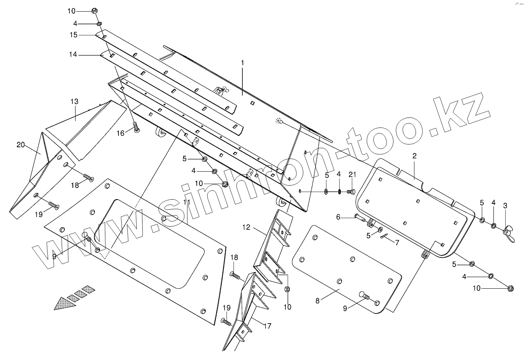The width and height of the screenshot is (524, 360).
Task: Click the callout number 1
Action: (242, 62)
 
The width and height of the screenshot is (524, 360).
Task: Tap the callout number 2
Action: (414, 156)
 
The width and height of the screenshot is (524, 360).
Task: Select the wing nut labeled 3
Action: (507, 233)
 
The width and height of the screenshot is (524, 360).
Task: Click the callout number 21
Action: (352, 175)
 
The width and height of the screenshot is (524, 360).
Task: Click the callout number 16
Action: (120, 133)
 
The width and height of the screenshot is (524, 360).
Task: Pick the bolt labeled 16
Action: (136, 127)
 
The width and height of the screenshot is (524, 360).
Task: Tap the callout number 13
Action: (74, 102)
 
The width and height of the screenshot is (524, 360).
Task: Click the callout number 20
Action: (21, 145)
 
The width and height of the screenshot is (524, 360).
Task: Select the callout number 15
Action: (74, 35)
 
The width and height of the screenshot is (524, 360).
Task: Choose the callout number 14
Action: (73, 55)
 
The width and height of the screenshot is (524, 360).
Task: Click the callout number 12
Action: (247, 227)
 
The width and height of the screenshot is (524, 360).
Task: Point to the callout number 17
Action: (267, 326)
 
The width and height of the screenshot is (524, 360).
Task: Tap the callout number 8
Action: (318, 300)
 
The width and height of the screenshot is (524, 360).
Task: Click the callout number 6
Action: (338, 217)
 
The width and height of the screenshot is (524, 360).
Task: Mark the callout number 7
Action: (397, 243)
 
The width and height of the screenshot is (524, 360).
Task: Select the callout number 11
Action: (186, 203)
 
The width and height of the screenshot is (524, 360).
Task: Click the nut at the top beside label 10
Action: (95, 11)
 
